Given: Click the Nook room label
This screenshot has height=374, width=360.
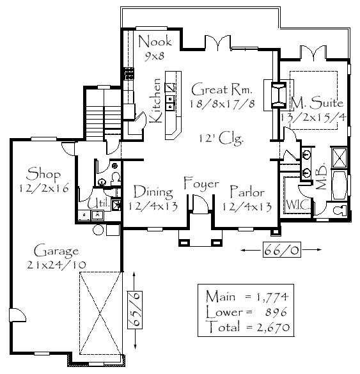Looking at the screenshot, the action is coord(155,42).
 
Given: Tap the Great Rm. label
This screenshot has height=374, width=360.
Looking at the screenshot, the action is coord(222,90).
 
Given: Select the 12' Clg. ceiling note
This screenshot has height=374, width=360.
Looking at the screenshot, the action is coord(221,138).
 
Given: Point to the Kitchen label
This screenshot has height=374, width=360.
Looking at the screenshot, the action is coord(155,100).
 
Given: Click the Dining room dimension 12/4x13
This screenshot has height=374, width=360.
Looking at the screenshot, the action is coord(153,206).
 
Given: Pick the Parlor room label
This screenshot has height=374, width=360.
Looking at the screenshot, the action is coord(247,192).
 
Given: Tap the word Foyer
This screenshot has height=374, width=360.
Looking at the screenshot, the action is coord(201,183).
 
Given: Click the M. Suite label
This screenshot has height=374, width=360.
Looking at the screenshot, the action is coord(317,103).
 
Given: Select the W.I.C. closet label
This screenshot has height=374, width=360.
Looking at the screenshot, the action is coord(298,205).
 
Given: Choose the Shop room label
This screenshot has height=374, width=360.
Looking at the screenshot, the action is coord(43,174).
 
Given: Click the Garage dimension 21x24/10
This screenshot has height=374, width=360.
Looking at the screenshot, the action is coord(56,265).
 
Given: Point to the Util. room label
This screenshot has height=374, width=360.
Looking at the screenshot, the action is coord(98,203).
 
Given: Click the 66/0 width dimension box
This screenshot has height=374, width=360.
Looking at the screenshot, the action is coord(282,250).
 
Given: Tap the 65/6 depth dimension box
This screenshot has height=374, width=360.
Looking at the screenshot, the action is coord(135,310).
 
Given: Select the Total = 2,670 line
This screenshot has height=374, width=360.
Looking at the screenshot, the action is coord(249,327).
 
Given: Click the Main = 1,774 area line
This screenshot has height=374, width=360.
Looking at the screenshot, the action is coord(247,297).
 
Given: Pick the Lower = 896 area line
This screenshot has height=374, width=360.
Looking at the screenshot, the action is coord(246,312).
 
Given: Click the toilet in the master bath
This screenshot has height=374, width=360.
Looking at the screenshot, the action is coord(340,210).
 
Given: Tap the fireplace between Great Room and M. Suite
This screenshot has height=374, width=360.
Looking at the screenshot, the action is coord(278,95).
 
